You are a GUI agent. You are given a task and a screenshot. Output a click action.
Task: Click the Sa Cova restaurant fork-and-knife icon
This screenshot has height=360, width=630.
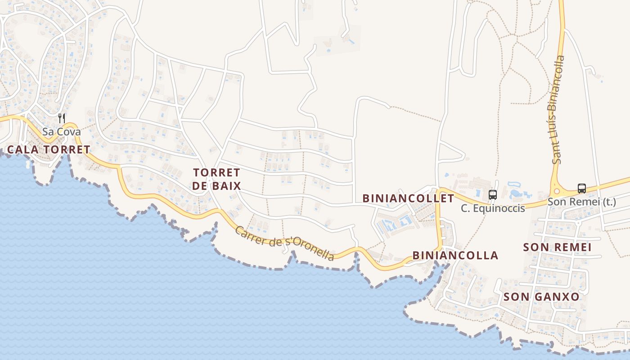click(62, 118)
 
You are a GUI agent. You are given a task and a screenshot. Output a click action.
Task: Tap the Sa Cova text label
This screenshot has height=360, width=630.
click(62, 132)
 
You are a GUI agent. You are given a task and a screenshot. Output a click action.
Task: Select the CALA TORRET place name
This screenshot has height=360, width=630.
click(49, 149)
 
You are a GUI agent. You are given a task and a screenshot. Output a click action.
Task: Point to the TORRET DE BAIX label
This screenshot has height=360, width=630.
click(216, 179)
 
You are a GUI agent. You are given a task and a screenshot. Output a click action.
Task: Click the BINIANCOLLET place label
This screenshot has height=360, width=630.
click(409, 198)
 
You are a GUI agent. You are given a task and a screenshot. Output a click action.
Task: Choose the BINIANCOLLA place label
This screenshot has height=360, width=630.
click(455, 256)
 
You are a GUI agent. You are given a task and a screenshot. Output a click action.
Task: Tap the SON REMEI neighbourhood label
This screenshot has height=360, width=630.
click(557, 247)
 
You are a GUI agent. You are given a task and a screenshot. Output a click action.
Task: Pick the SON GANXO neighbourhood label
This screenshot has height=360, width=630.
click(541, 297)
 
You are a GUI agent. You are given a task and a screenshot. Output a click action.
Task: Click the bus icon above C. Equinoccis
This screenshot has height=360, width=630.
click(493, 195)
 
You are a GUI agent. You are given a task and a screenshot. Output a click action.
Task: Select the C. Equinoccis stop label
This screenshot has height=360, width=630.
click(493, 208)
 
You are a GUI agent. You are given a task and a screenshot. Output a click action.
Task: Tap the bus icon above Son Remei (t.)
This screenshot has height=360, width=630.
click(582, 189)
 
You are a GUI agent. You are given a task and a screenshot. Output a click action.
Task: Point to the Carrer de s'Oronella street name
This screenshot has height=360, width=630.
click(284, 243)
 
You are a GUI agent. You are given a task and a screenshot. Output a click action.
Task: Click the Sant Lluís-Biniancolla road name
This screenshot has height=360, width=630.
click(558, 110)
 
